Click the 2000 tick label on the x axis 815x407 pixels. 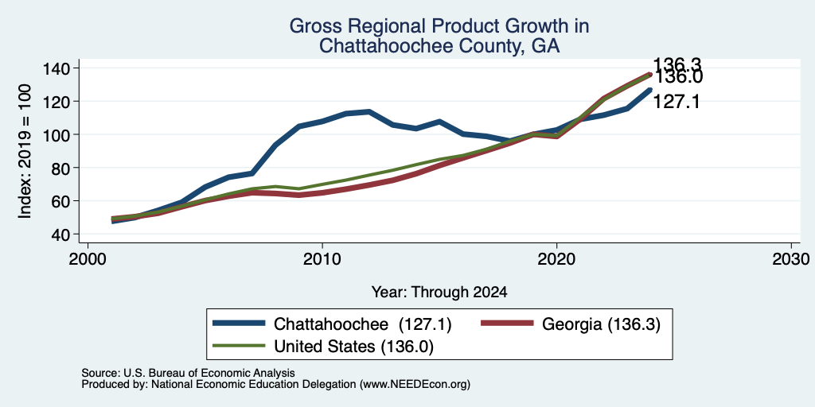click(88, 258)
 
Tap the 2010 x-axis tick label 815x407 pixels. click(322, 258)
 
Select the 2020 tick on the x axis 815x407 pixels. click(556, 258)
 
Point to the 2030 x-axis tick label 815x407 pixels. click(791, 258)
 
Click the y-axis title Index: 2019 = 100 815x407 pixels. click(25, 151)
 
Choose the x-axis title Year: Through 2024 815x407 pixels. click(439, 293)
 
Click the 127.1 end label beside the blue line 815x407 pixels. click(676, 102)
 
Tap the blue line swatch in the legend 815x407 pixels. click(239, 324)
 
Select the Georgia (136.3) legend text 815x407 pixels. click(601, 324)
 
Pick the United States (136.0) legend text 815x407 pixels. click(353, 347)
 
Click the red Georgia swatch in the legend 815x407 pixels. click(507, 324)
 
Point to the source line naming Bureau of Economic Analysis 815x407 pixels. click(188, 373)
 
